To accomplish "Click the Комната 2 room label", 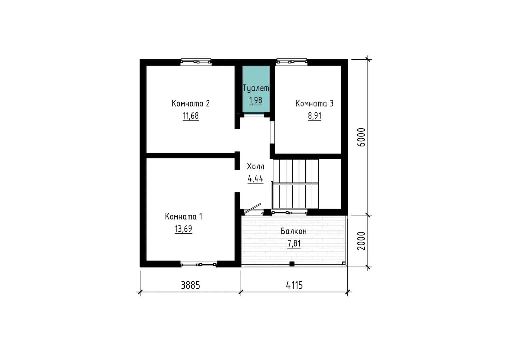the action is (190, 103).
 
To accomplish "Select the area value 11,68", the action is (191, 116).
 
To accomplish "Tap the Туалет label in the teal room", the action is (256, 88).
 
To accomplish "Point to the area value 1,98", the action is (256, 100).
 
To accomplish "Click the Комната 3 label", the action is (314, 103).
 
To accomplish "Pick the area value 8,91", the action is (314, 116).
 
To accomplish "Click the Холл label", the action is (256, 166).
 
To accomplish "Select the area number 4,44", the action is (255, 179).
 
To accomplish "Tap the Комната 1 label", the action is (183, 216).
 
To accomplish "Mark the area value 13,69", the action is (183, 229).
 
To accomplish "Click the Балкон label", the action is (294, 231).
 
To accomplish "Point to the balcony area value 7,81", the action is (294, 244).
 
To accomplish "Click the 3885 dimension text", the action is (190, 285).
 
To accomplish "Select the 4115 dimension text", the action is (294, 285).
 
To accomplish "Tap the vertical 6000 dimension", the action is (361, 137).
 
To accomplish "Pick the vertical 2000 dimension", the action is (361, 241).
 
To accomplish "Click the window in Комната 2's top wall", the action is (196, 62).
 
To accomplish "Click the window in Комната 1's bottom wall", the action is (198, 264).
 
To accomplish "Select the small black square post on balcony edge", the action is (292, 264).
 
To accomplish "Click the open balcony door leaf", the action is (252, 209).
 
